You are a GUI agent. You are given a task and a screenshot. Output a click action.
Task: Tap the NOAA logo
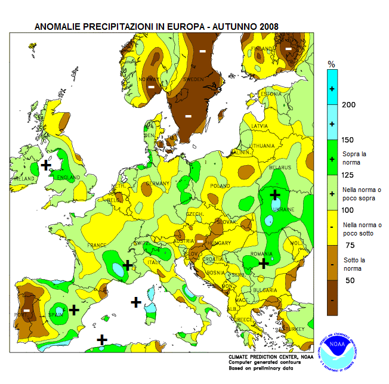[x=339, y=347]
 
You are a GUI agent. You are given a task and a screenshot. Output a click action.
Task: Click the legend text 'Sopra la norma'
[x=354, y=158]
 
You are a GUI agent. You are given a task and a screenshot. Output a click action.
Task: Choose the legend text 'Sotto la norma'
[x=355, y=263]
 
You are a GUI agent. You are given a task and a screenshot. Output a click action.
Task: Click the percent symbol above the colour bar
[x=332, y=64]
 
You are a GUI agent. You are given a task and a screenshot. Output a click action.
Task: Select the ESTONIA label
[x=270, y=94]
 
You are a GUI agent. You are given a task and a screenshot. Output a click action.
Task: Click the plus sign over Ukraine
[x=274, y=195]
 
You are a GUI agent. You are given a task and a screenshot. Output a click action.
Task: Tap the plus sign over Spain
[x=74, y=309]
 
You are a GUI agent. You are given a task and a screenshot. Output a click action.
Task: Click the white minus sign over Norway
[x=151, y=88]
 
